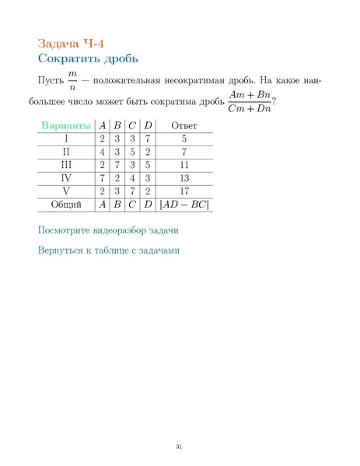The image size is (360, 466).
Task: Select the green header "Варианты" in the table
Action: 65,125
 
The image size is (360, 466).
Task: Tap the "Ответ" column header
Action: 184,125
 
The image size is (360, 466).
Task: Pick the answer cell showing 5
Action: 184,138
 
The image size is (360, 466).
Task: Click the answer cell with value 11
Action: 184,165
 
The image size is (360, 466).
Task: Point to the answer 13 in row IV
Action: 184,178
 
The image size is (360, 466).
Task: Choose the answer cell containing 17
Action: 184,191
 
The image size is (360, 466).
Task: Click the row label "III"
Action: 66,165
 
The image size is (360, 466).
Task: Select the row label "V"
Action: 66,191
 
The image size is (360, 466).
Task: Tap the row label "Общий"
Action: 66,205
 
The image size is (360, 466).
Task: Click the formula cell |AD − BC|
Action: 184,205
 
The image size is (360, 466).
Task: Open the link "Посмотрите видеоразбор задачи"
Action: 114,231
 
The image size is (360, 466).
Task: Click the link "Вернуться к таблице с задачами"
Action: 114,251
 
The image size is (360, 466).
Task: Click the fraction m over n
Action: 73,81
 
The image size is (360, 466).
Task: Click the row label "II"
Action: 66,152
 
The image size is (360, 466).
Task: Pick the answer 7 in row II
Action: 184,152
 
